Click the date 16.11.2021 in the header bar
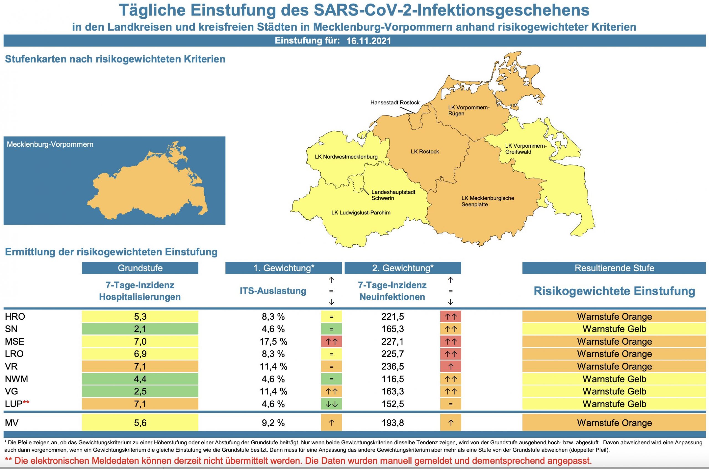[x=368, y=41]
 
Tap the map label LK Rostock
[x=425, y=152]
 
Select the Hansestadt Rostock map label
[x=395, y=102]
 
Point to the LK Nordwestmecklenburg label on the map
[x=346, y=157]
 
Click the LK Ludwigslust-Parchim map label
[x=361, y=213]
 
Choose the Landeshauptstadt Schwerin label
[x=393, y=195]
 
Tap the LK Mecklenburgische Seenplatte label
[x=487, y=201]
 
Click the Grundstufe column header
[x=140, y=268]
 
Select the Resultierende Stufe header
[x=614, y=268]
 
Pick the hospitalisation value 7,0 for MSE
[x=140, y=341]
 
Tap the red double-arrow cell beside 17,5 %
[x=331, y=341]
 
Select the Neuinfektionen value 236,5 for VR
[x=392, y=367]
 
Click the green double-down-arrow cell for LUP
[x=331, y=404]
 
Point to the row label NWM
[x=16, y=379]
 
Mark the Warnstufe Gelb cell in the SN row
[x=614, y=329]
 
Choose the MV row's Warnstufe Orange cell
[x=614, y=423]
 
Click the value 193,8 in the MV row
[x=392, y=423]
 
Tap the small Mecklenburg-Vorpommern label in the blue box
[x=50, y=145]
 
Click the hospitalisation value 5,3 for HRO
[x=140, y=316]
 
